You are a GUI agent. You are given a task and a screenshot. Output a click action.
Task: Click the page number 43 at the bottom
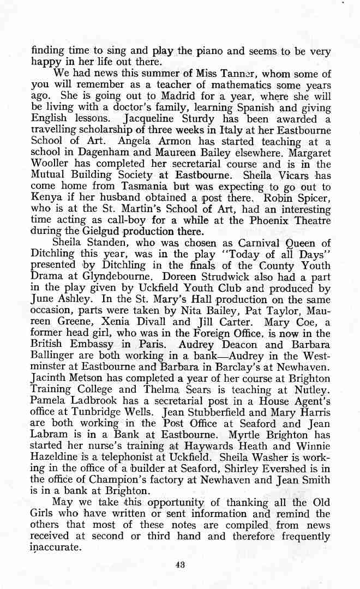tap(180, 564)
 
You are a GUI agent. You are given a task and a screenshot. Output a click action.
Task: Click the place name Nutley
tap(313, 389)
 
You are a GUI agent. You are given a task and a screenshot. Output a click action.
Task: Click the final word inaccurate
tap(56, 548)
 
